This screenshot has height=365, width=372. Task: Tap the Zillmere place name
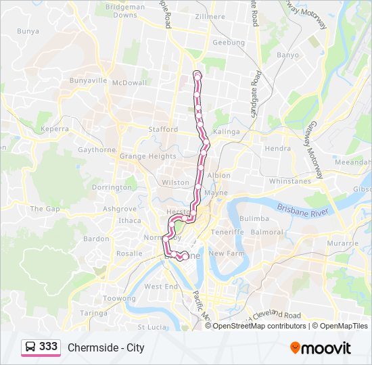[x=209, y=16]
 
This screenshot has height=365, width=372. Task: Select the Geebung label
[x=229, y=42]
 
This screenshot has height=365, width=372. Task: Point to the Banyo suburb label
[x=287, y=55]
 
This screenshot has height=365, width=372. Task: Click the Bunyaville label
[x=88, y=80]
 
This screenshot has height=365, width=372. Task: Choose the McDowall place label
[x=130, y=83]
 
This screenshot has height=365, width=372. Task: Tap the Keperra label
[x=55, y=128]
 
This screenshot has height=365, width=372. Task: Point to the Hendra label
[x=278, y=148]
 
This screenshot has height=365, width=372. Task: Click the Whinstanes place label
[x=289, y=181]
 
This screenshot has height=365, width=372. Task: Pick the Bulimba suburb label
[x=254, y=219]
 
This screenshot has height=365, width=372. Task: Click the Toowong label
[x=119, y=298]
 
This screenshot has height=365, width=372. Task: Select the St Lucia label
[x=152, y=327]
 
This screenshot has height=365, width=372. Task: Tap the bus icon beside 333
[x=30, y=347]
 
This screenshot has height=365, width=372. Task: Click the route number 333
[x=48, y=347]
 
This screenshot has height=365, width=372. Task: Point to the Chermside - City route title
[x=106, y=348]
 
